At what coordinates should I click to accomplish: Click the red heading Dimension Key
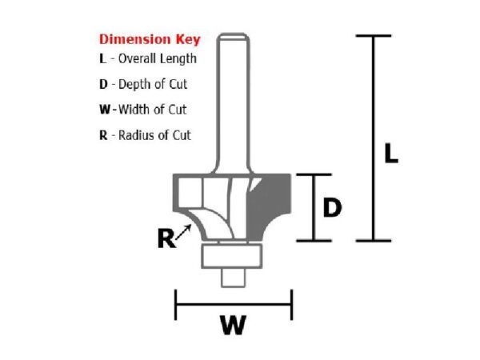pyautogui.click(x=149, y=38)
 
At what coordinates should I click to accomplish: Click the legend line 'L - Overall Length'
pyautogui.click(x=147, y=58)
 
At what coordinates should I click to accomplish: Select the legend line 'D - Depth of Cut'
pyautogui.click(x=143, y=84)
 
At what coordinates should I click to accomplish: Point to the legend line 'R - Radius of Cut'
pyautogui.click(x=145, y=135)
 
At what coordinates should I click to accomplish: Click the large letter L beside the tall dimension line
pyautogui.click(x=390, y=154)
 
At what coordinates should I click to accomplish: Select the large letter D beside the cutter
pyautogui.click(x=332, y=208)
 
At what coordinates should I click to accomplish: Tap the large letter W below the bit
pyautogui.click(x=232, y=326)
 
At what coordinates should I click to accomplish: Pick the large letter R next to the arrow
pyautogui.click(x=166, y=238)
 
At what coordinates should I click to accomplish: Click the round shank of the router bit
pyautogui.click(x=234, y=96)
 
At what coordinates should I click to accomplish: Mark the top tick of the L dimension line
pyautogui.click(x=372, y=36)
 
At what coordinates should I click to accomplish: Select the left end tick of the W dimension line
pyautogui.click(x=175, y=304)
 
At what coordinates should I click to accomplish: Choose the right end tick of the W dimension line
pyautogui.click(x=291, y=304)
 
